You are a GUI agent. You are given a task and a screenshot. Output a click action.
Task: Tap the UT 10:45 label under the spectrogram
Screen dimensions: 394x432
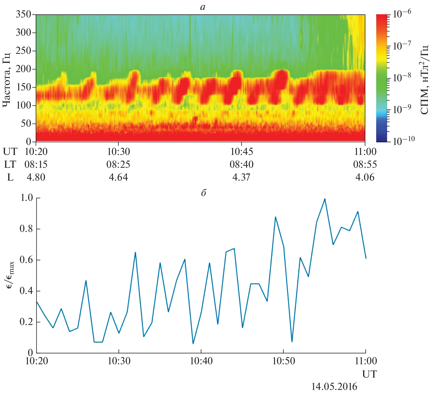(x=241, y=152)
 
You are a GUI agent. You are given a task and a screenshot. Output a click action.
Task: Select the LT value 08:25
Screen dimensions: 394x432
(x=118, y=164)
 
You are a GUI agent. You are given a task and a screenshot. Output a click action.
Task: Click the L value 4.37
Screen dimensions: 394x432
(x=241, y=177)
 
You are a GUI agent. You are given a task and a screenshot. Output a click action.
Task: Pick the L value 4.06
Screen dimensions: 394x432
(x=365, y=177)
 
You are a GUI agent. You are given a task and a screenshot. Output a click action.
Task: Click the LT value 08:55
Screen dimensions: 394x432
(x=365, y=164)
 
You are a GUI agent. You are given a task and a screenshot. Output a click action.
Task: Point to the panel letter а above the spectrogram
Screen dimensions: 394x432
(x=203, y=7)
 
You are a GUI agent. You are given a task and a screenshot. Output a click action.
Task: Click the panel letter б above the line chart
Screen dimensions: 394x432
(x=203, y=193)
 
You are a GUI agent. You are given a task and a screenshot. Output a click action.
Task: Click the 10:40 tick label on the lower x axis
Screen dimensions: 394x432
(x=201, y=361)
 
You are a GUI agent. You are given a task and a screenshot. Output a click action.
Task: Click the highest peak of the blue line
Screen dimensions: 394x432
(x=325, y=199)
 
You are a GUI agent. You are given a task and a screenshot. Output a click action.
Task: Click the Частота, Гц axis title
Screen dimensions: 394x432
(x=7, y=79)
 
